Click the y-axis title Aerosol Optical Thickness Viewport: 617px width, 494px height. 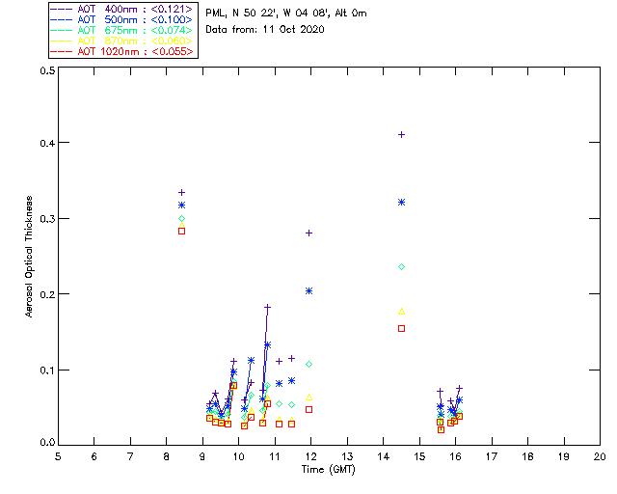[30, 257]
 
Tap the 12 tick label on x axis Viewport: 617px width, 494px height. [310, 455]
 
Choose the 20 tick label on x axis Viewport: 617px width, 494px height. [600, 455]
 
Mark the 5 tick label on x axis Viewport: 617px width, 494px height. [58, 455]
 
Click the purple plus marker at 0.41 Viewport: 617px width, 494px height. [401, 134]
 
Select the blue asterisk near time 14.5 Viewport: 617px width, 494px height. [401, 202]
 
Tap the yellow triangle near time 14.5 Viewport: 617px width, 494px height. [401, 311]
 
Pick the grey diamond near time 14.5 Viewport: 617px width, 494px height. [401, 266]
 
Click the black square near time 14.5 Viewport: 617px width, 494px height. [401, 329]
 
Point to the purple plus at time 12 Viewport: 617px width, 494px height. [308, 233]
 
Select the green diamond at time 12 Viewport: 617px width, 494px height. [308, 364]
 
